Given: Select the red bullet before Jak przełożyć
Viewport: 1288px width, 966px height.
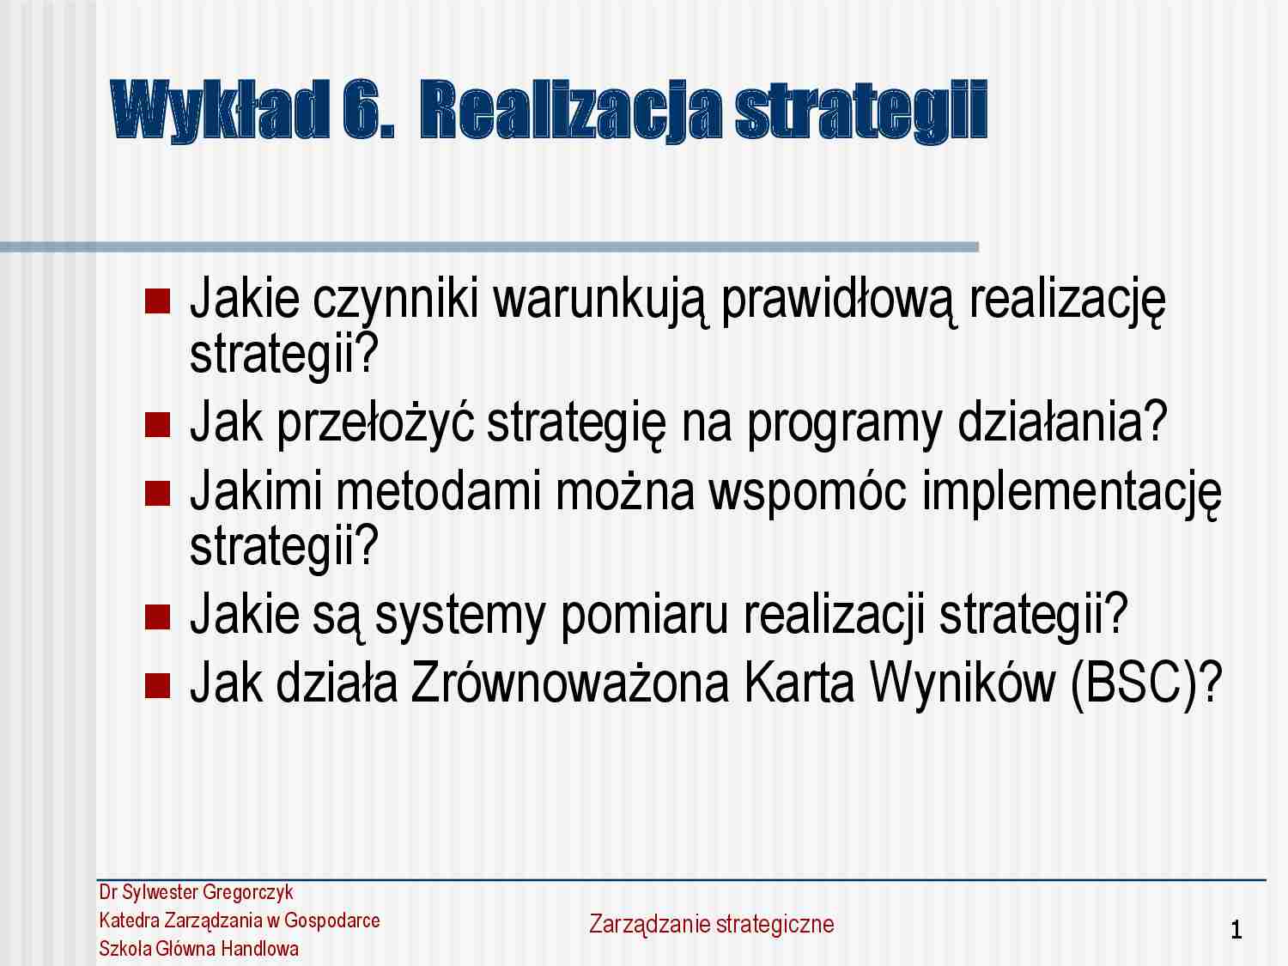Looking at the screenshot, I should point(158,423).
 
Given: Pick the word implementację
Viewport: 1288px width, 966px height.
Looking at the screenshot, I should point(1070,493).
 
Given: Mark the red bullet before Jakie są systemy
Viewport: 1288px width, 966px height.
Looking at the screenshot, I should point(158,616).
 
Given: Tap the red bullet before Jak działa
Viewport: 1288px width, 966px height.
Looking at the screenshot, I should point(158,684).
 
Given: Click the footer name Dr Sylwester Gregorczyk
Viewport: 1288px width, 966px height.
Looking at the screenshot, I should point(196,892).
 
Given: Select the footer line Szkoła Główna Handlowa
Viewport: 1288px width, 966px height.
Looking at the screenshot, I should point(199,949).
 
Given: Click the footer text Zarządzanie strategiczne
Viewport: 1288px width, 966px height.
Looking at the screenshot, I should point(711,924).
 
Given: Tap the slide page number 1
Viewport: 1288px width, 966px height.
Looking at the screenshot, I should point(1236,930).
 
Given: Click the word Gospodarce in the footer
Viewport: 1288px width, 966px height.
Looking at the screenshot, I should point(332,920).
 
